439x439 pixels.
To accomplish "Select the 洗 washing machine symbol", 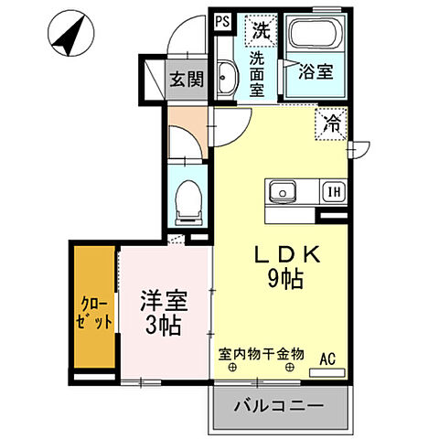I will pos(262,29).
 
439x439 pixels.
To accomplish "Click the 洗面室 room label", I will pos(259,72).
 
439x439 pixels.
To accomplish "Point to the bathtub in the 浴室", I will pos(314,38).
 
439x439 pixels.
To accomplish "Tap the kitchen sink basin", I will pos(283,192).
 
